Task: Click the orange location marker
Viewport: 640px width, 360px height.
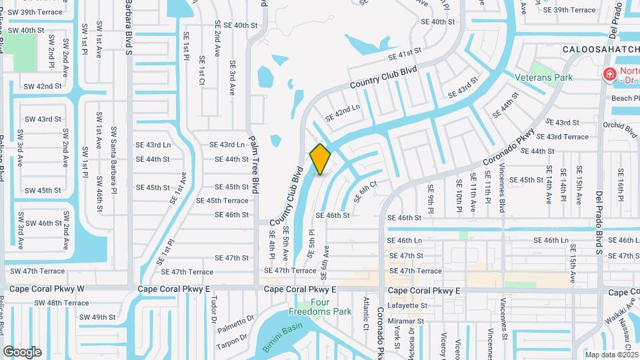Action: tap(320, 159)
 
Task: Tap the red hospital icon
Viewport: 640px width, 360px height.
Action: tap(609, 75)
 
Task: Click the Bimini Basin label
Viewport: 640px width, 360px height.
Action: tap(282, 331)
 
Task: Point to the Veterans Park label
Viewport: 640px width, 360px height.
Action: tap(543, 77)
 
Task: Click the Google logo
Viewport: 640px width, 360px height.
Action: tap(22, 352)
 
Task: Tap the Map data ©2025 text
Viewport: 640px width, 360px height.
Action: tap(611, 355)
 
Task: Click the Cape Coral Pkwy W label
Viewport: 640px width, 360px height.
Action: tap(45, 289)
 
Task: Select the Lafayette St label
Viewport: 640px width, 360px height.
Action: tap(406, 305)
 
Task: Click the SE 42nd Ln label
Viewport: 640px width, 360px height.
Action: tap(343, 113)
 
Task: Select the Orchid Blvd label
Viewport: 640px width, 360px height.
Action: tap(619, 126)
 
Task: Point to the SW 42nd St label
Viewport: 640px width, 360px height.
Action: tap(42, 86)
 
